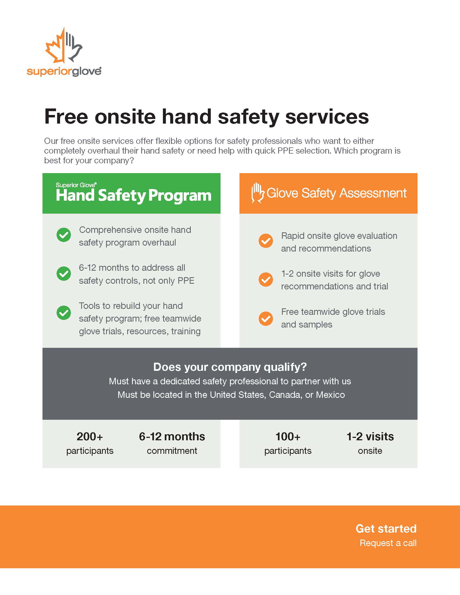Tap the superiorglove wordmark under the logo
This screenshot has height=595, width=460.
(x=64, y=71)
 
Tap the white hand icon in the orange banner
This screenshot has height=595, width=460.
(x=258, y=193)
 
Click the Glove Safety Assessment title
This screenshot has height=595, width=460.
(x=337, y=193)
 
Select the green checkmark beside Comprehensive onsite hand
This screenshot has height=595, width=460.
(x=64, y=235)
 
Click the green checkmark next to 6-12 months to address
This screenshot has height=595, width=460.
(x=64, y=273)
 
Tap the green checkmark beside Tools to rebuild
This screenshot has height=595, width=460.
(x=64, y=312)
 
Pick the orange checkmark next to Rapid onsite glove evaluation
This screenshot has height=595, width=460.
(x=266, y=241)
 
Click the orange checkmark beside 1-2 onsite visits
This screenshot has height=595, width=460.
(x=266, y=280)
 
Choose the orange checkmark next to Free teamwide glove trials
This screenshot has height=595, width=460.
(x=266, y=319)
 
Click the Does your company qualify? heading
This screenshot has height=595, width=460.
(x=230, y=367)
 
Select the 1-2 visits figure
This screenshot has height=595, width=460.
(x=370, y=437)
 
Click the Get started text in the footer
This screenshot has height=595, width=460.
(x=386, y=528)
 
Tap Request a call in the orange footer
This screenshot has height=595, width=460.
(x=388, y=543)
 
